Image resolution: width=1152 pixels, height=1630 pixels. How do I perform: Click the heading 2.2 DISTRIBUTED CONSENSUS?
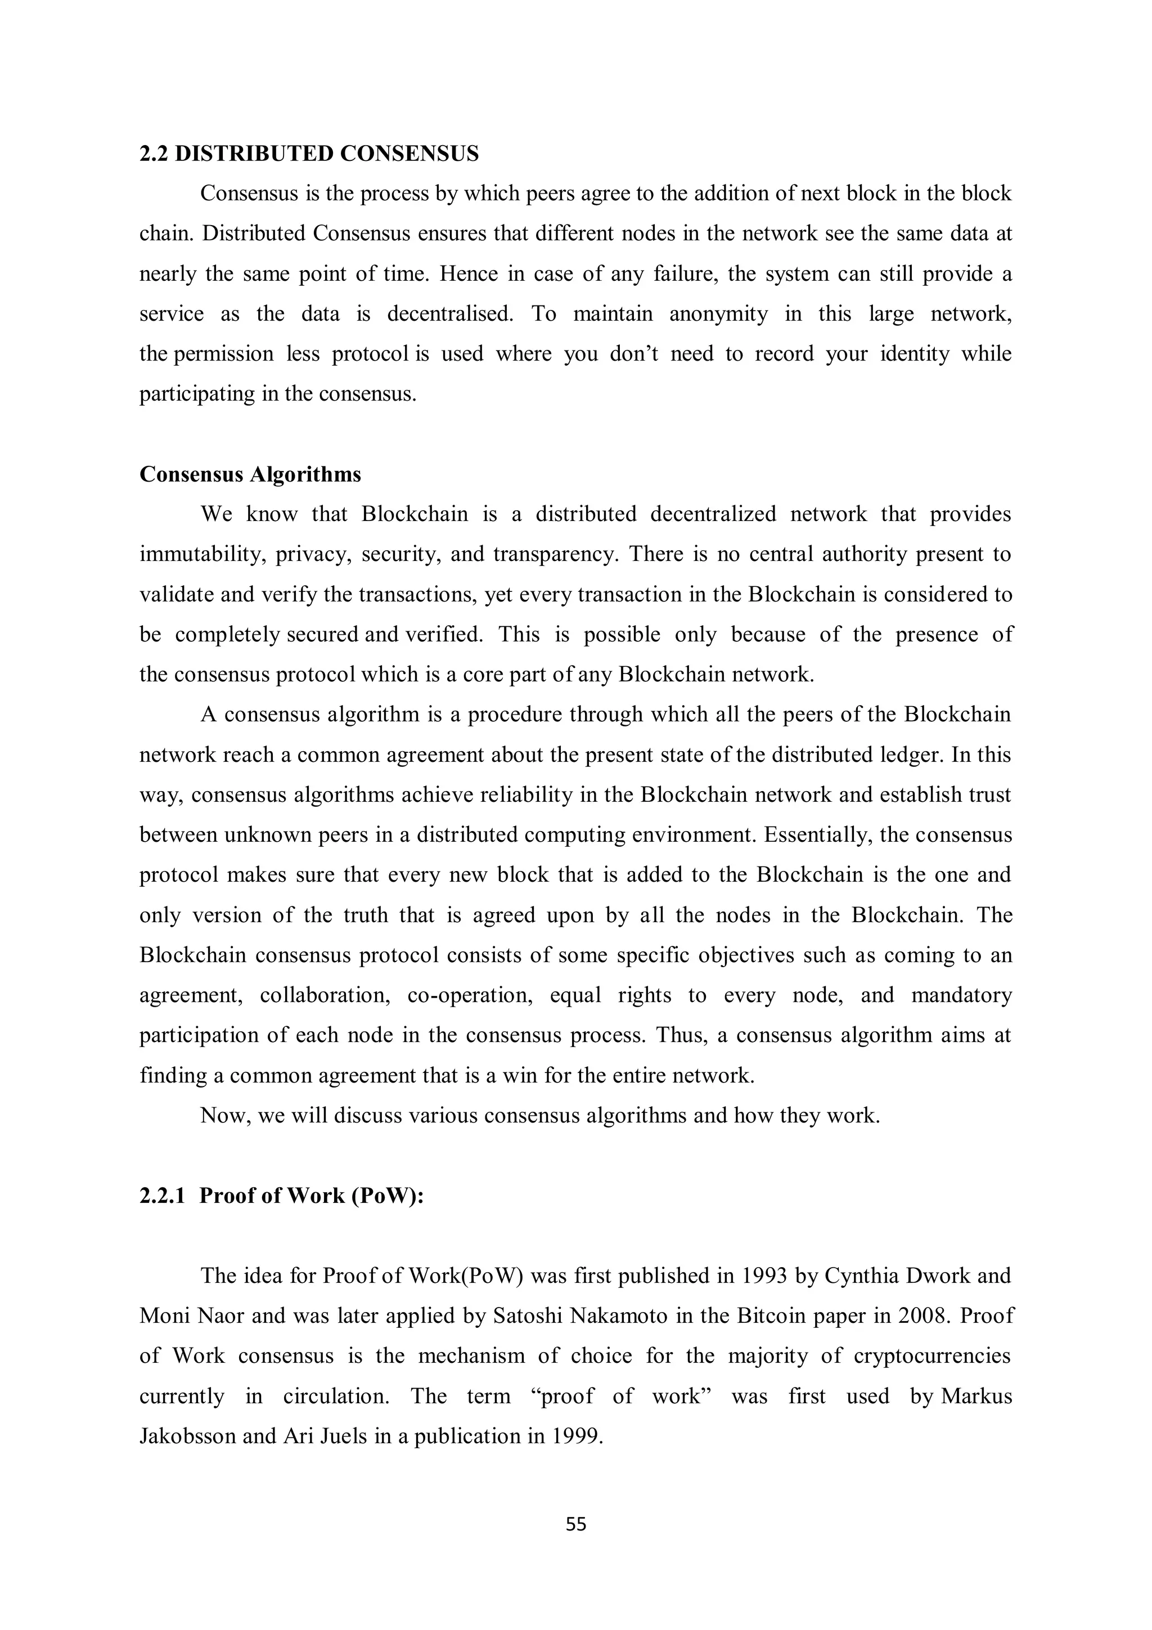pos(309,154)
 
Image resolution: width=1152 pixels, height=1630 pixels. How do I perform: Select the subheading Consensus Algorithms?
pos(250,474)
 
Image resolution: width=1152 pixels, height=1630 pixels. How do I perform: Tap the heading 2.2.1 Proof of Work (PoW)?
pos(281,1196)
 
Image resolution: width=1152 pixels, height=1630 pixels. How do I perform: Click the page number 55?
pos(575,1524)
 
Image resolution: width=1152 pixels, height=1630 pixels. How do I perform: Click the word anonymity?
pos(718,314)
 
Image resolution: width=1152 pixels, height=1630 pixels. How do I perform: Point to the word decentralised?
pos(450,314)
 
